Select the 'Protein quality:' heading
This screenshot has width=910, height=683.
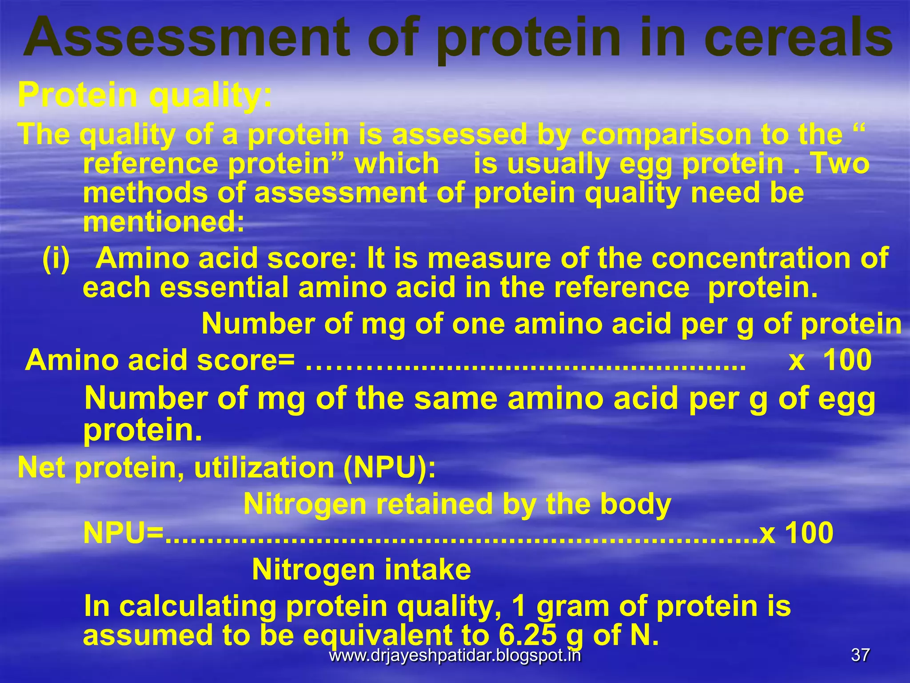(145, 95)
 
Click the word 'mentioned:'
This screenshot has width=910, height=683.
(164, 222)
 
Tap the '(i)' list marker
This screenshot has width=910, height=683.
(56, 258)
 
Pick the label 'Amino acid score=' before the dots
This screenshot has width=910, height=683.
(160, 360)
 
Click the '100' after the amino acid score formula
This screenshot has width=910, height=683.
(847, 360)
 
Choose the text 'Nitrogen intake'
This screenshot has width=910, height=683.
(361, 570)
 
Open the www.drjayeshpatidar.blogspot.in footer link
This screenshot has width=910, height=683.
(455, 655)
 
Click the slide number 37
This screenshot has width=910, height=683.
(860, 655)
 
